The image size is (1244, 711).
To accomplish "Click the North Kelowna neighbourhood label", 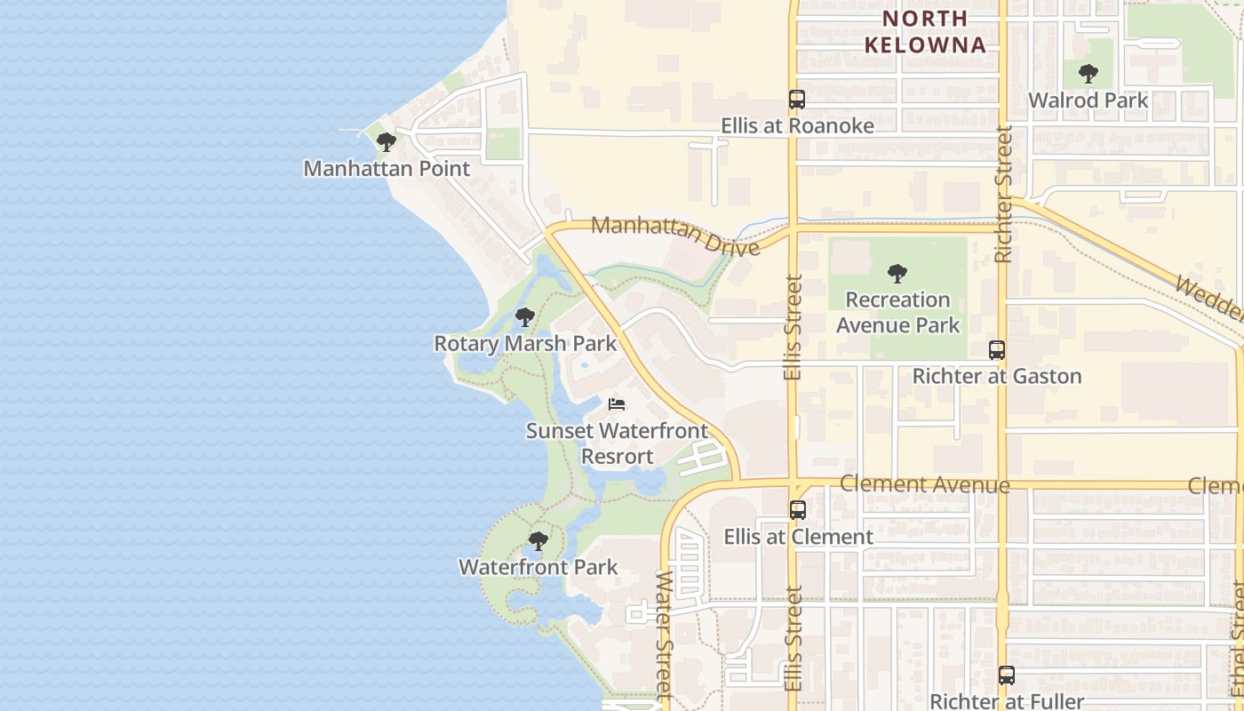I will pyautogui.click(x=925, y=32).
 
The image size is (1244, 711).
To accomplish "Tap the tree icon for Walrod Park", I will pyautogui.click(x=1088, y=74).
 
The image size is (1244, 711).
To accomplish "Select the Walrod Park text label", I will pyautogui.click(x=1088, y=100).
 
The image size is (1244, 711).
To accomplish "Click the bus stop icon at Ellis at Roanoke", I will pyautogui.click(x=797, y=100).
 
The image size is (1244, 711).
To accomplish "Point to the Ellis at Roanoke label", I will pyautogui.click(x=797, y=126).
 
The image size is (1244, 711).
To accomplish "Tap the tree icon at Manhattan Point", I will pyautogui.click(x=386, y=142).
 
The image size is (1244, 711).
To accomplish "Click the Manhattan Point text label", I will pyautogui.click(x=387, y=168).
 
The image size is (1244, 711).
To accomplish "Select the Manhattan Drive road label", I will pyautogui.click(x=675, y=235).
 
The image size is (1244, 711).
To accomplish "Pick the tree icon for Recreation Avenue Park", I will pyautogui.click(x=897, y=273).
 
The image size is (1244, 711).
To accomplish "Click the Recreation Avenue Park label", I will pyautogui.click(x=897, y=312).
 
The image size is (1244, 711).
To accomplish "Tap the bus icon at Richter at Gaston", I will pyautogui.click(x=997, y=350).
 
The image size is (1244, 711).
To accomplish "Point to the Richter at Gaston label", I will pyautogui.click(x=997, y=376).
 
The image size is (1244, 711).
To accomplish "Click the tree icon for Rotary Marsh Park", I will pyautogui.click(x=524, y=317).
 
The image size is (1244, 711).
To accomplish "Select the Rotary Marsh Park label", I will pyautogui.click(x=524, y=343).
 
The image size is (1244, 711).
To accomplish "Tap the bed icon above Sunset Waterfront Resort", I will pyautogui.click(x=617, y=404).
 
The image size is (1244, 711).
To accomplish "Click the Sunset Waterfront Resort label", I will pyautogui.click(x=617, y=443).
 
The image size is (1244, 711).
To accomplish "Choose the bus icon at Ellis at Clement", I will pyautogui.click(x=798, y=510).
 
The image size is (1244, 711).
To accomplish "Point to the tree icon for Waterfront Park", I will pyautogui.click(x=538, y=541).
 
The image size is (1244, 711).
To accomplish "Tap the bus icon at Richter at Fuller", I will pyautogui.click(x=1006, y=675).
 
